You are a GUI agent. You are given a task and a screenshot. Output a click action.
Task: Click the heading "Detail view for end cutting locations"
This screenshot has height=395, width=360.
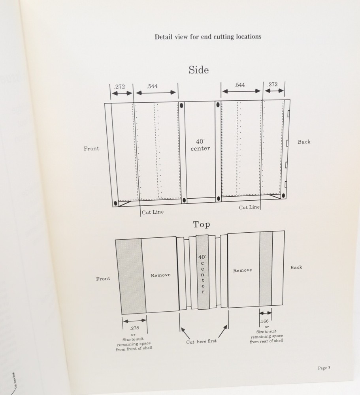[x=208, y=37]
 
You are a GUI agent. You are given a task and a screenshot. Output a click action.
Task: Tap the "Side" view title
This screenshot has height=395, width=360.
[x=199, y=70]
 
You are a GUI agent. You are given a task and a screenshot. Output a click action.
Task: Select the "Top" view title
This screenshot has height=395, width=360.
[x=201, y=224]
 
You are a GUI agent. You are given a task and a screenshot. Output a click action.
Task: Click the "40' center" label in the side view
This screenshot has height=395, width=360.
[x=200, y=145]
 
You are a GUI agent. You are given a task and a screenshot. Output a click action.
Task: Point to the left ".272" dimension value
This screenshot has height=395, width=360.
[x=119, y=87]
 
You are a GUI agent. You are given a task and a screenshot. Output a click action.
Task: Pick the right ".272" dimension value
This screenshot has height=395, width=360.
[x=272, y=84]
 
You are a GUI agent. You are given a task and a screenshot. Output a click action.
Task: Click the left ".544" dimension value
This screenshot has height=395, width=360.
[x=152, y=86]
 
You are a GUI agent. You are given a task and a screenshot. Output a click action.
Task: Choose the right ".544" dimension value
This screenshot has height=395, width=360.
[x=239, y=85]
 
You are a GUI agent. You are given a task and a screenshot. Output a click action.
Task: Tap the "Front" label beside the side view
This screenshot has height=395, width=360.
[x=92, y=149]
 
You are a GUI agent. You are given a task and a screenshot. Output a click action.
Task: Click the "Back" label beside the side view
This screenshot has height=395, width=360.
[x=304, y=142]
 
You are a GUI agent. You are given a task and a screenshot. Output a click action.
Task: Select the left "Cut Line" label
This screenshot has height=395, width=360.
[x=153, y=212]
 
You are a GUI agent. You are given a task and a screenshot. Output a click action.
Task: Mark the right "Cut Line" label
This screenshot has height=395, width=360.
[x=249, y=207]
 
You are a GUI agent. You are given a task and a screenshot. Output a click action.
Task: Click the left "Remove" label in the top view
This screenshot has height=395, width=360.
[x=160, y=275]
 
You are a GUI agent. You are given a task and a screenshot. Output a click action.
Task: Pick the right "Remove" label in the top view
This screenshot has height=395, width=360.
[x=242, y=270]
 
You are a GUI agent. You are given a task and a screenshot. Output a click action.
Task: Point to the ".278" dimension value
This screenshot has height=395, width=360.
[x=135, y=328]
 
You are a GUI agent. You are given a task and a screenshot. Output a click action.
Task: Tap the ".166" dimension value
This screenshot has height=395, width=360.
[x=264, y=321]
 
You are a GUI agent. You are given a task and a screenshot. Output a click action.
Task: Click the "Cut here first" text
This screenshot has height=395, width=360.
[x=202, y=342]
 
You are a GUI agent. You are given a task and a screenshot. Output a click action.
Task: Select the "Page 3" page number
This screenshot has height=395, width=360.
[x=324, y=368]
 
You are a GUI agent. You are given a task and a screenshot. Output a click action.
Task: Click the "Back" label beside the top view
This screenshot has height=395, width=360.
[x=296, y=267]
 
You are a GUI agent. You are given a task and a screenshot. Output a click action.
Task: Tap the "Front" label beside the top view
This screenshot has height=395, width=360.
[x=103, y=278]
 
